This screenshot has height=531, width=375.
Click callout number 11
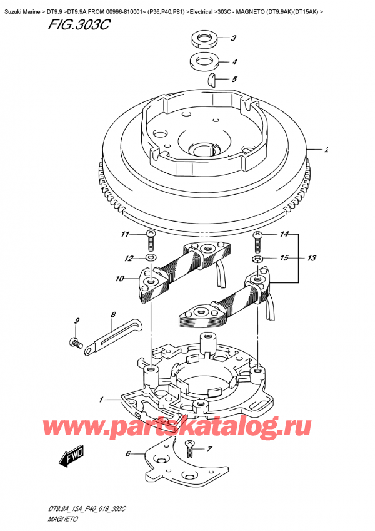click(124, 235)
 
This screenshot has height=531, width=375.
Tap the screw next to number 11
click(149, 236)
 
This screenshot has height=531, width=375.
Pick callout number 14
click(285, 235)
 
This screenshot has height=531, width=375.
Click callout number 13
click(312, 257)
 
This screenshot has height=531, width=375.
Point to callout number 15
click(285, 257)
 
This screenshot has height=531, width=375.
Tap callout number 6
click(128, 453)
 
